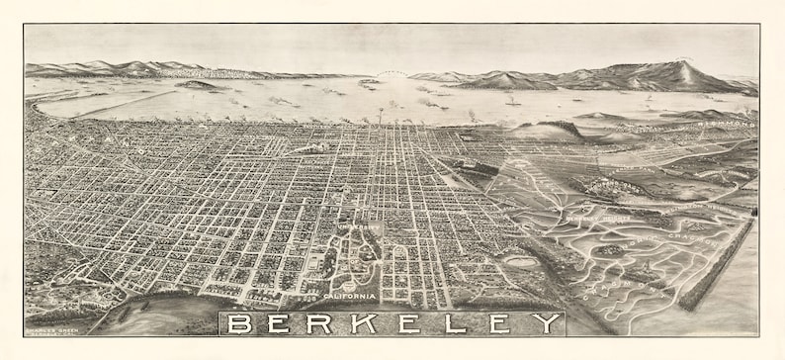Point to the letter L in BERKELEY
coord(452,323)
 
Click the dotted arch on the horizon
coord(393,73)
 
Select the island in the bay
coord(198,85)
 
